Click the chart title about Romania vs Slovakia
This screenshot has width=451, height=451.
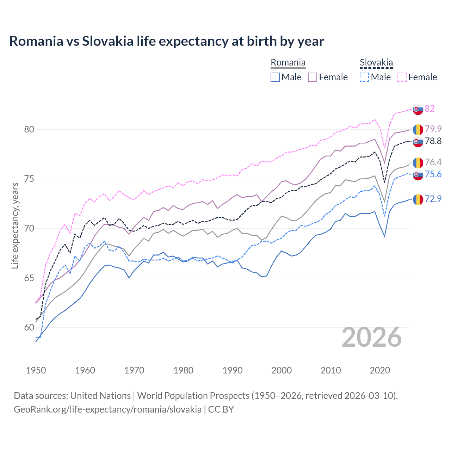166,41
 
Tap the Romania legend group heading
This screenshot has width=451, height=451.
288,63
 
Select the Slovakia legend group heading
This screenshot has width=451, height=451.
376,63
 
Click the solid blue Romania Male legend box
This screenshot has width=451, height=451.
275,77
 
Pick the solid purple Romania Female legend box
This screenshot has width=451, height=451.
313,77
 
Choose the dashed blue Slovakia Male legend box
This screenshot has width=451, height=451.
364,77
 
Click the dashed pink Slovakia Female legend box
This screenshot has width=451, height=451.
402,77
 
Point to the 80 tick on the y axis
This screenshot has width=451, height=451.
29,129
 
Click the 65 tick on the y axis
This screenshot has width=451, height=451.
29,278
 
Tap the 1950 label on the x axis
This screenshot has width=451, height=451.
36,370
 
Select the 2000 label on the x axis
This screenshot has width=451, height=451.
282,370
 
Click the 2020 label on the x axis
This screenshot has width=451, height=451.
380,370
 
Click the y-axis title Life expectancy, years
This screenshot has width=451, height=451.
15,225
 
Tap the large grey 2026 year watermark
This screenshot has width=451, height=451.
372,337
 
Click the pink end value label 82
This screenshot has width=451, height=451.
430,109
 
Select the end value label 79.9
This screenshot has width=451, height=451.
433,129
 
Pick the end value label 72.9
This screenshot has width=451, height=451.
433,199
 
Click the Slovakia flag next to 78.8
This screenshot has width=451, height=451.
418,142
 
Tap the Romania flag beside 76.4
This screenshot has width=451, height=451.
418,162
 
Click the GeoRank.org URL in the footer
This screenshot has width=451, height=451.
107,409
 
